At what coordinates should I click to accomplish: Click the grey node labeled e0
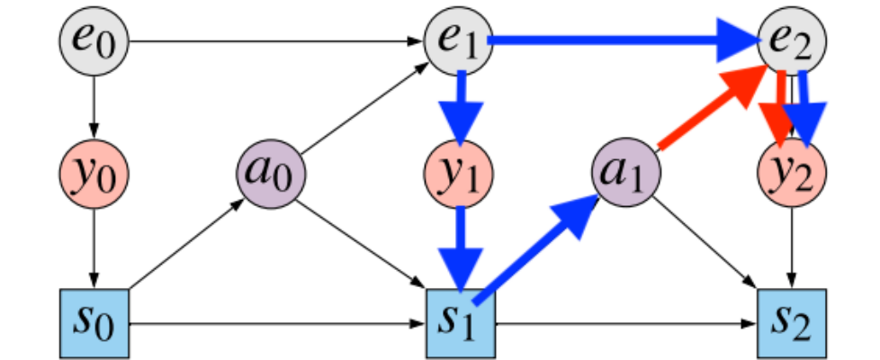tap(94, 41)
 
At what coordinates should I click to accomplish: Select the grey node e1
tap(459, 41)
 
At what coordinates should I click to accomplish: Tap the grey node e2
tap(792, 41)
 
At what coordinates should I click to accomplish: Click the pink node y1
tap(459, 171)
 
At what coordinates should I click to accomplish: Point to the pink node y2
tap(792, 171)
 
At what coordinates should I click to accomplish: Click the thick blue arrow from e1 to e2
tap(621, 40)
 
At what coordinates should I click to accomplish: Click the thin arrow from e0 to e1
tap(270, 40)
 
